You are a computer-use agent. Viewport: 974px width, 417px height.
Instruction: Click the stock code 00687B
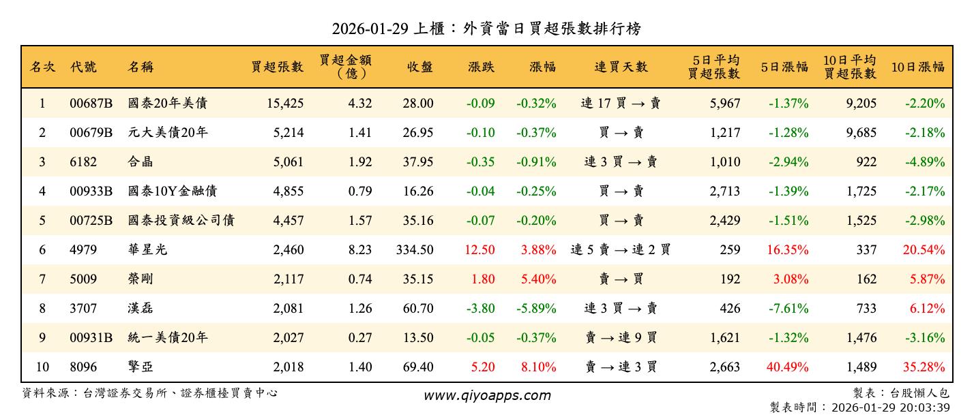click(91, 104)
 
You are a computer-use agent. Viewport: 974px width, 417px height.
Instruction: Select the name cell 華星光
click(147, 250)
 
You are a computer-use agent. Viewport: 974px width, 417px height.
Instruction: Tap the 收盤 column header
click(419, 67)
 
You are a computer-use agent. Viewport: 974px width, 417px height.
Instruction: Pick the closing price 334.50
click(414, 250)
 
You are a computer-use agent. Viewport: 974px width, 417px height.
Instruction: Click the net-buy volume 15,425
click(282, 104)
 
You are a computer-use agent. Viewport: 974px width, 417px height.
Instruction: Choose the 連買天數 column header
click(621, 67)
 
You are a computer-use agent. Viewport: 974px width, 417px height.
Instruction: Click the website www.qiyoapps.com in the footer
click(487, 395)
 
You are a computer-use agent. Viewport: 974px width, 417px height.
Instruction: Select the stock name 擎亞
click(141, 367)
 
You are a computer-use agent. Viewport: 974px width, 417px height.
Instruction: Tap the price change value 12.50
click(479, 250)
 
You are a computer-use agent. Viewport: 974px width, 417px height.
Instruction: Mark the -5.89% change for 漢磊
click(538, 309)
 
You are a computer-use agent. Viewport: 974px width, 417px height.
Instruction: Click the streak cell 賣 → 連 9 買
click(621, 338)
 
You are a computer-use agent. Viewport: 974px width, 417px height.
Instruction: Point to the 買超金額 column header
click(346, 67)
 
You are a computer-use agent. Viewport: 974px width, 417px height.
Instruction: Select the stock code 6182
click(83, 162)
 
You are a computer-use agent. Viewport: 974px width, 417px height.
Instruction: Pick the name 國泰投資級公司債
click(181, 221)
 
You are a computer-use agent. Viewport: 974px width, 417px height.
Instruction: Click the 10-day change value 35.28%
click(924, 367)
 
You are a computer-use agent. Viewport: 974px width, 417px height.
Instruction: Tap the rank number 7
click(42, 279)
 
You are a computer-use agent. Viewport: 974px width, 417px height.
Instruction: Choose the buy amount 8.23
click(360, 250)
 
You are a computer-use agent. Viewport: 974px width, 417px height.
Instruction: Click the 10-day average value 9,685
click(861, 133)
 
